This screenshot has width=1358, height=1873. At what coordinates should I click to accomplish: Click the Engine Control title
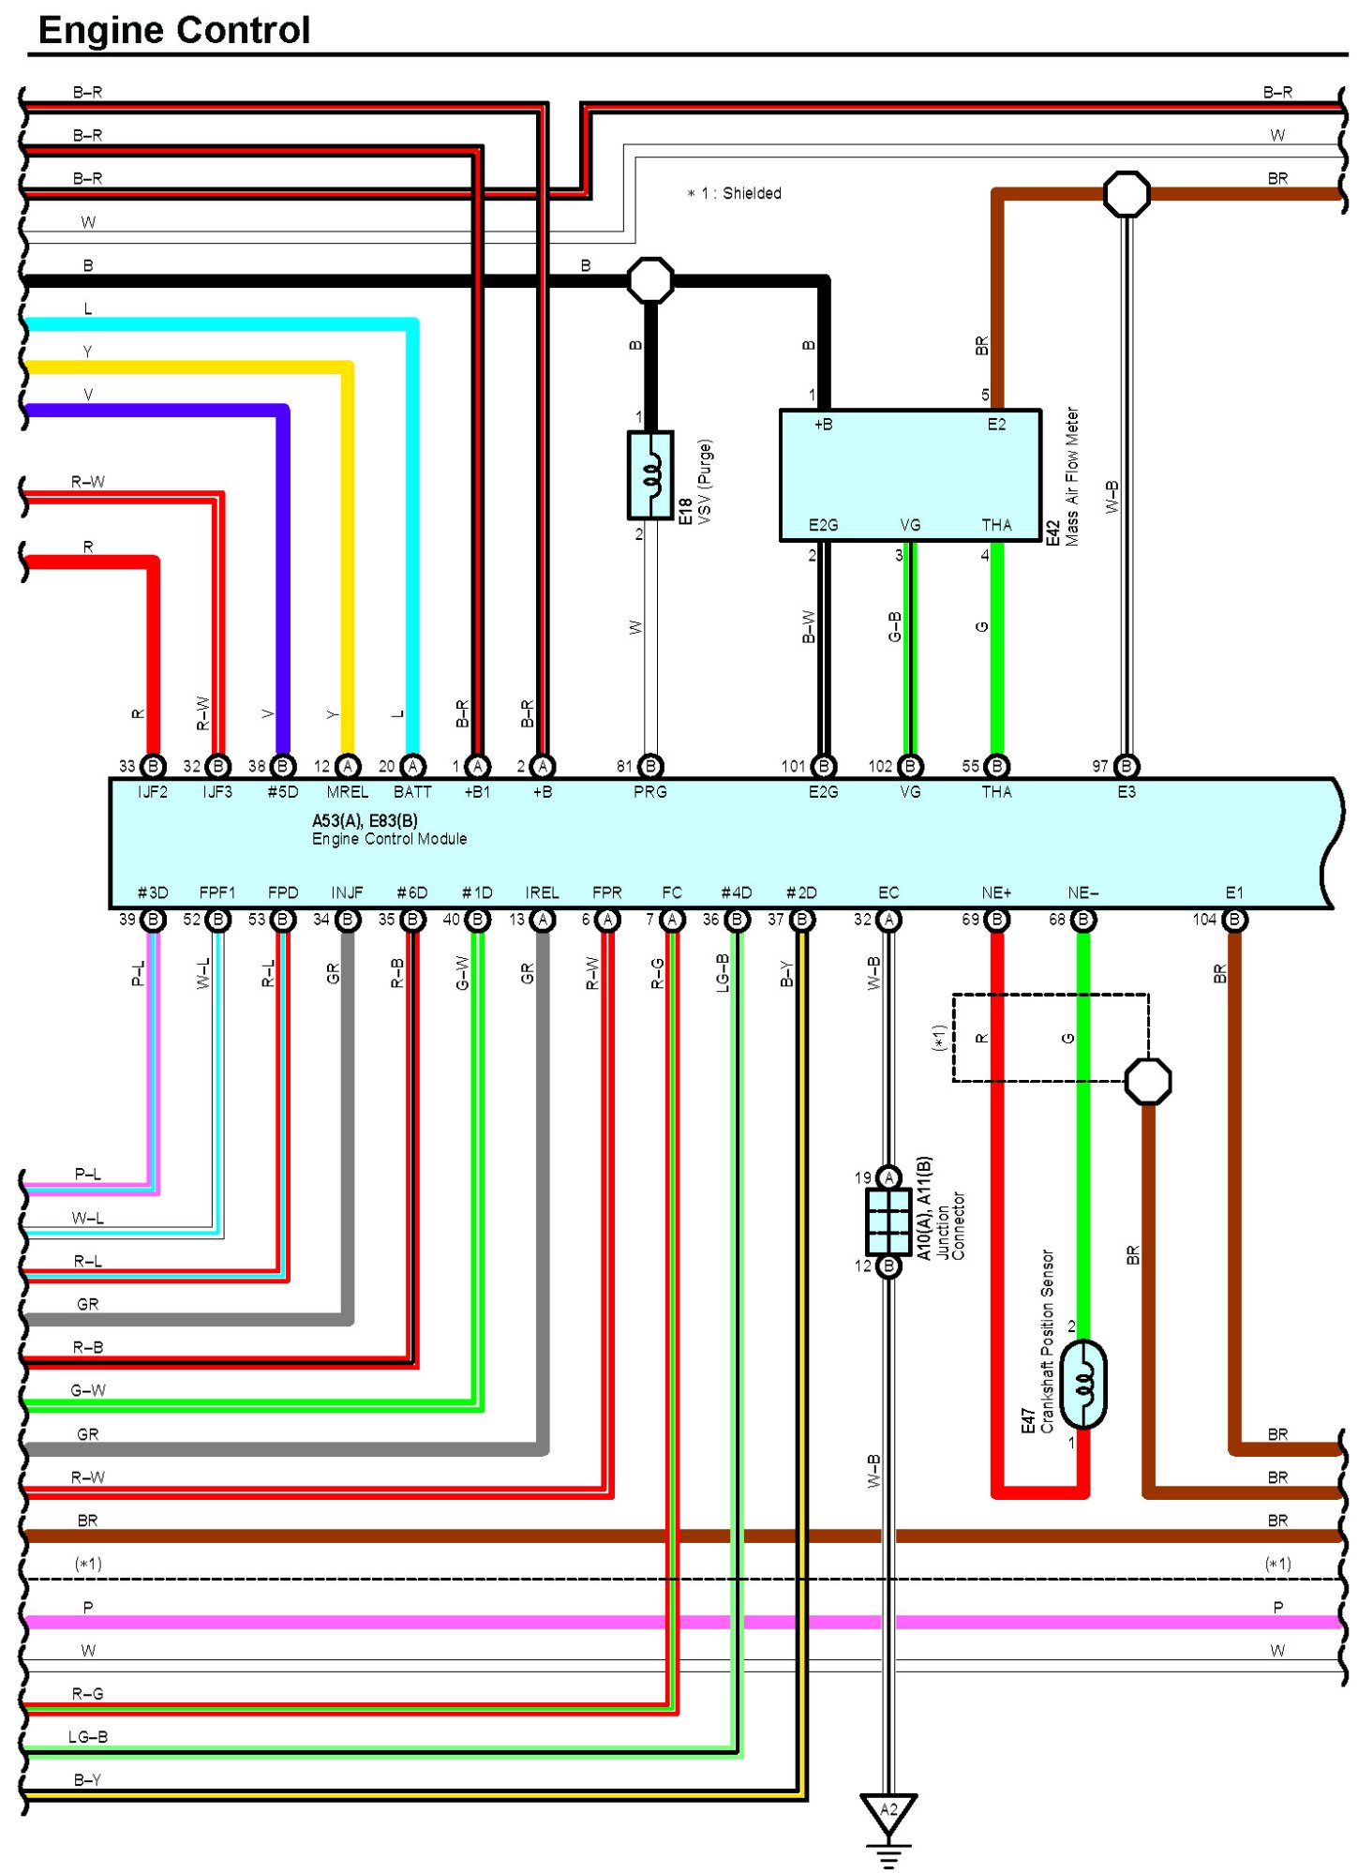[x=174, y=30]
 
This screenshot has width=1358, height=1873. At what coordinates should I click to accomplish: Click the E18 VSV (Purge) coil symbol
[x=650, y=474]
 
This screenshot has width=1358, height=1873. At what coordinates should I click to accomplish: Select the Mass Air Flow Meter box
[x=909, y=474]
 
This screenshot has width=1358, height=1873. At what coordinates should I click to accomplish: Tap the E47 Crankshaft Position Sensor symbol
[x=1083, y=1384]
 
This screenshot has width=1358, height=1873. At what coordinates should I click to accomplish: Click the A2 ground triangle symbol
[x=888, y=1812]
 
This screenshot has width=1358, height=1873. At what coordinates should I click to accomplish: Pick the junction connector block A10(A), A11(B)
[x=888, y=1221]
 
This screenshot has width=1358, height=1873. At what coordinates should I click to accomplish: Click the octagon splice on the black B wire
[x=650, y=280]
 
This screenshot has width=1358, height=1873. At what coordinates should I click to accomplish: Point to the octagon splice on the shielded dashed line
[x=1147, y=1081]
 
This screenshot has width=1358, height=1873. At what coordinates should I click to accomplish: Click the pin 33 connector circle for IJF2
[x=153, y=766]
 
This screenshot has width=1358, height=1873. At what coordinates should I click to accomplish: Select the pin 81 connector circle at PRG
[x=650, y=766]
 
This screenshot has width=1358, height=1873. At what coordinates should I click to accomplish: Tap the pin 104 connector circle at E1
[x=1234, y=920]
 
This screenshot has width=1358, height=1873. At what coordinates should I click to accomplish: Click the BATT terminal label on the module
[x=412, y=792]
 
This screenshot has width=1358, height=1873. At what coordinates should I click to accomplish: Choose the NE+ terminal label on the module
[x=996, y=892]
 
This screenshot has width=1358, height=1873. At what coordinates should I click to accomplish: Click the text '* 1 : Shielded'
[x=735, y=193]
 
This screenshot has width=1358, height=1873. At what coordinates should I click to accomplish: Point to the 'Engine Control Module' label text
[x=389, y=839]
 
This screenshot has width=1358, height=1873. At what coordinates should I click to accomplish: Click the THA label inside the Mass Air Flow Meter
[x=996, y=525]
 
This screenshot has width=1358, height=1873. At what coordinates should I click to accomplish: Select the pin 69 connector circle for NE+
[x=996, y=920]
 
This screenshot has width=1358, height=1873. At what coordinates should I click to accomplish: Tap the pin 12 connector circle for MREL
[x=348, y=766]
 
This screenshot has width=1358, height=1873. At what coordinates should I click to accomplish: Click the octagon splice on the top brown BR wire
[x=1127, y=194]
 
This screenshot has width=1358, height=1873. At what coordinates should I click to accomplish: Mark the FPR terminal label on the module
[x=607, y=892]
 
